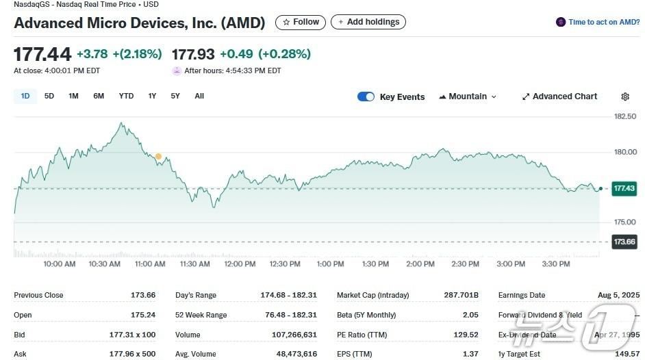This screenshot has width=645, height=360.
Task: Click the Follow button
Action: tap(301, 22)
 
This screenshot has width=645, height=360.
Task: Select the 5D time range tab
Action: tap(49, 96)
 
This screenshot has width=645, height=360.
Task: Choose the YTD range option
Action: tap(126, 96)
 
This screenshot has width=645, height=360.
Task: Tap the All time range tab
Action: tap(199, 96)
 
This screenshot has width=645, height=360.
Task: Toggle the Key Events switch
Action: tap(366, 97)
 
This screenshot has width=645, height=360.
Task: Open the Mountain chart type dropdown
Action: tap(468, 97)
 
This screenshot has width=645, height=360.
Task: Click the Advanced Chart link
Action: tap(559, 97)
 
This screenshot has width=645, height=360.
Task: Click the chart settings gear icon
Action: tap(625, 97)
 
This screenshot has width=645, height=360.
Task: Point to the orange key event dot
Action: tap(158, 157)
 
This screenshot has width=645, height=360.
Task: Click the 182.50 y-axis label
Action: tap(625, 116)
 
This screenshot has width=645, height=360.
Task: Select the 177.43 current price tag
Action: tap(624, 188)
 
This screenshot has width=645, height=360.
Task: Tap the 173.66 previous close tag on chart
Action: tap(624, 242)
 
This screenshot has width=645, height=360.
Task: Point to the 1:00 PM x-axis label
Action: tap(330, 263)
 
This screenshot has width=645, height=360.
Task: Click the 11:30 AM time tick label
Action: tap(194, 263)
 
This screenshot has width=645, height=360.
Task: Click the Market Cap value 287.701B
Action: tap(461, 295)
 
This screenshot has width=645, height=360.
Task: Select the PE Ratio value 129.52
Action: tap(466, 335)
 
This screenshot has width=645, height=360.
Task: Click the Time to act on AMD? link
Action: tap(603, 22)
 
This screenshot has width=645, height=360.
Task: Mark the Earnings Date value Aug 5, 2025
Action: tap(618, 295)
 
